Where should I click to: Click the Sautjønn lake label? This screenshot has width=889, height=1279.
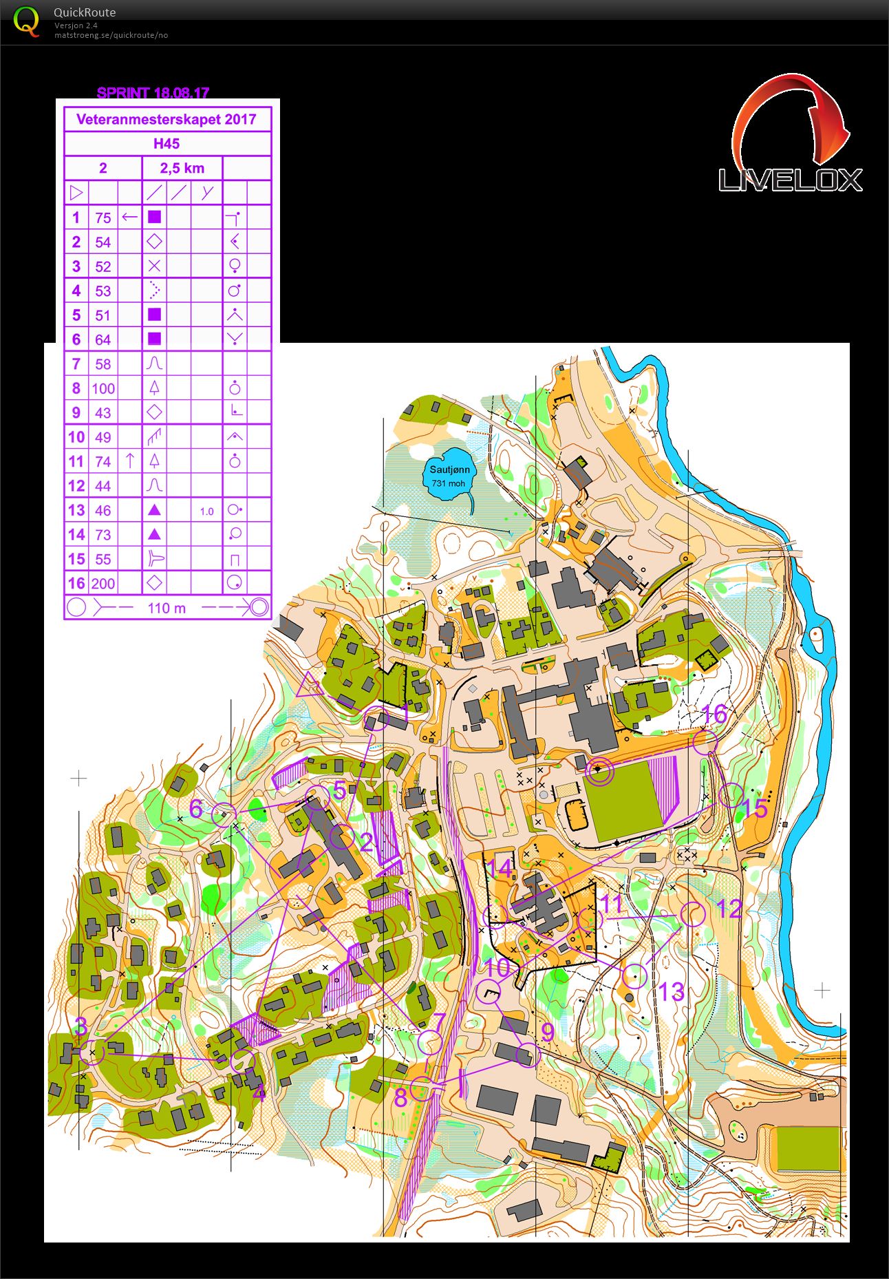pos(450,469)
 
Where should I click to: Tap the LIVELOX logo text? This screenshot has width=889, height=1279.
pos(790,180)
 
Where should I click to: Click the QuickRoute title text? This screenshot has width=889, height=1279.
pos(85,12)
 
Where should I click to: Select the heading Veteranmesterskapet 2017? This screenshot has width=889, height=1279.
pos(167,119)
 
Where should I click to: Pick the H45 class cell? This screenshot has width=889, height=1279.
pos(167,143)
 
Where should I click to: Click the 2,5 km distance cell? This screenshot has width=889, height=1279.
pos(182,168)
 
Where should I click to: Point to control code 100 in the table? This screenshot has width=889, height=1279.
pos(103,388)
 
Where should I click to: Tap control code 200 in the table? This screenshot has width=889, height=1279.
pos(103,584)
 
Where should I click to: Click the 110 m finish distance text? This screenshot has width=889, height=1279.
pos(167,608)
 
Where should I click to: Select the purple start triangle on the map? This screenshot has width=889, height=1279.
pos(309,686)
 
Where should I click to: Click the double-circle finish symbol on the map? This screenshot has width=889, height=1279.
pos(599,771)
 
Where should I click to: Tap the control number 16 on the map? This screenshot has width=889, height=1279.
pos(714,714)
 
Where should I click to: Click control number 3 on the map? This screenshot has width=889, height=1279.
pos(81,1026)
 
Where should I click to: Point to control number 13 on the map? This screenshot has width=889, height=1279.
pos(671,991)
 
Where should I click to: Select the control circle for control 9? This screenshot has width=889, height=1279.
pos(526,1055)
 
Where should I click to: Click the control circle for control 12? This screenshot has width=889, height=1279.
pos(693,914)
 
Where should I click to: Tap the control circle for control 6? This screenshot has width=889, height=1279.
pos(223,814)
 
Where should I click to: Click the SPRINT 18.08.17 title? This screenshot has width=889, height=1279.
pos(153,93)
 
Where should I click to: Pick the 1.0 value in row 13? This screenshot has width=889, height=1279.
pos(206,511)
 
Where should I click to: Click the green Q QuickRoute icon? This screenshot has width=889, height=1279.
pos(26,22)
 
